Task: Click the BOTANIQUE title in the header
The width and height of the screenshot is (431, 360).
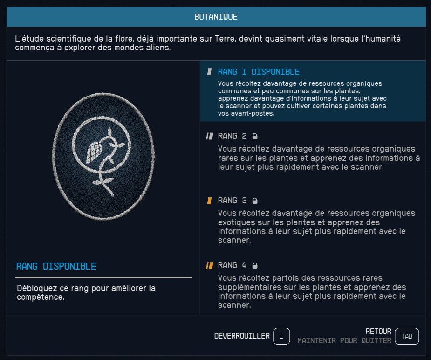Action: pos(216,17)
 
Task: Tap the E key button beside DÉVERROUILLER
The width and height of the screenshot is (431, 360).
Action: pos(281,336)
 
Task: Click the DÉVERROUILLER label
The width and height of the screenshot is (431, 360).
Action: pos(242,336)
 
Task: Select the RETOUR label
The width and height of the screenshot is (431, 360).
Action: pos(378,331)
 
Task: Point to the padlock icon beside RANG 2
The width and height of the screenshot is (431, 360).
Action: pos(255,136)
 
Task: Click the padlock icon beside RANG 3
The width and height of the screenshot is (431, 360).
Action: pos(255,201)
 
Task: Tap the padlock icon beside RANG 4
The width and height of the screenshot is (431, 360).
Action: pos(255,265)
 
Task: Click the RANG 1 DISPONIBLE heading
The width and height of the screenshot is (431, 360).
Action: pos(259,72)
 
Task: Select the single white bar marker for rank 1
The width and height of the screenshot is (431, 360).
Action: pos(209,72)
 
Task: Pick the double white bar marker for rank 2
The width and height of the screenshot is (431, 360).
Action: pos(210,136)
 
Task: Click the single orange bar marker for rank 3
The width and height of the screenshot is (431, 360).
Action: pos(209,201)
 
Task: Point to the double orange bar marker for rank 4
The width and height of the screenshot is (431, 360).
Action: pos(210,265)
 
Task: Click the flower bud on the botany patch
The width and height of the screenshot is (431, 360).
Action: pos(94,152)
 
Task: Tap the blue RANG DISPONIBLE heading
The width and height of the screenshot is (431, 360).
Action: pos(56,266)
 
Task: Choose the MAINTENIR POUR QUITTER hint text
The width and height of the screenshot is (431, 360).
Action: pos(344,340)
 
